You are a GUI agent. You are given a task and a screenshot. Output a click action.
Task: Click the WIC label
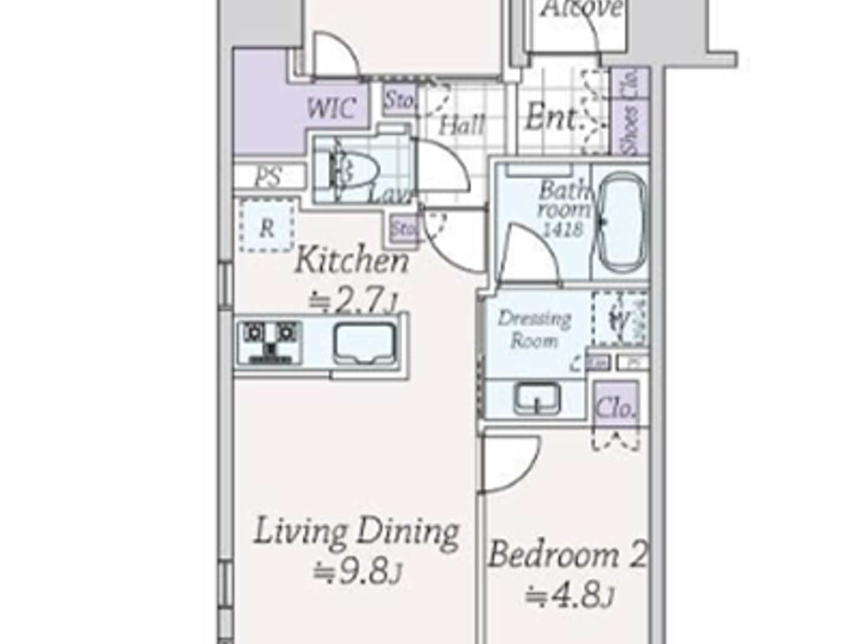tap(331, 109)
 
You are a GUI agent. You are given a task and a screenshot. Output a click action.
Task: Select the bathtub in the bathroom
tap(620, 222)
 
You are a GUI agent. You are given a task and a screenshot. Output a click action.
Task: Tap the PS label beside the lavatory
tap(268, 177)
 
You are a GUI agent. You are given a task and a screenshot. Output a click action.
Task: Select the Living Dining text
tap(356, 532)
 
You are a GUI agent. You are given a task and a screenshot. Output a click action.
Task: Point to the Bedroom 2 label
tap(567, 555)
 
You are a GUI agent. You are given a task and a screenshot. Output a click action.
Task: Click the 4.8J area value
tap(569, 596)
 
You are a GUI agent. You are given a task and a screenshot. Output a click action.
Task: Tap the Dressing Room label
tap(534, 329)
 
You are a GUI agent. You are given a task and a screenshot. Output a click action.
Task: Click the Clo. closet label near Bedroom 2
tap(615, 408)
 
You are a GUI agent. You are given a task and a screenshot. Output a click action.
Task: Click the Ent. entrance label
tap(551, 117)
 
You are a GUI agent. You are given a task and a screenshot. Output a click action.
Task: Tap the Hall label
tap(461, 126)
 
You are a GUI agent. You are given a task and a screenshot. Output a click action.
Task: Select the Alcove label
tap(582, 9)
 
